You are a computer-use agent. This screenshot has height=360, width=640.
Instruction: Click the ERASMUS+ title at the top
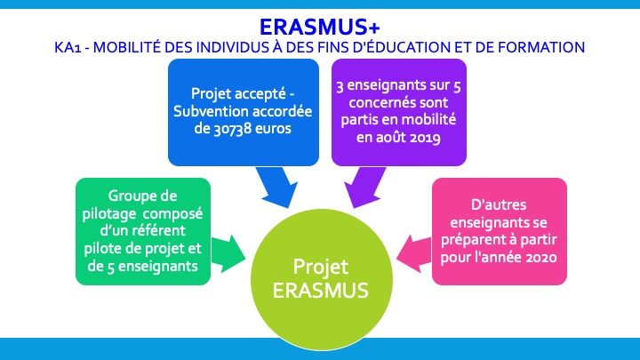[320, 27]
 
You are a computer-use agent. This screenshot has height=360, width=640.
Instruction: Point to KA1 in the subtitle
[68, 47]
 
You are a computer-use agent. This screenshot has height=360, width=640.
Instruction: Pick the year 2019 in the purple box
[425, 138]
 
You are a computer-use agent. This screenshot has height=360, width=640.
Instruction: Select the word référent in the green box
[160, 230]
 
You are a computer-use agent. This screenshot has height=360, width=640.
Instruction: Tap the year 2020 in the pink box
[541, 258]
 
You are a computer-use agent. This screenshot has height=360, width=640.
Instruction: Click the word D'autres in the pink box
[499, 204]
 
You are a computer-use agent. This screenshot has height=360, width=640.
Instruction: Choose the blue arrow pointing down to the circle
[276, 187]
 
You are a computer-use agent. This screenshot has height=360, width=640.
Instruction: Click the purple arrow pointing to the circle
[364, 187]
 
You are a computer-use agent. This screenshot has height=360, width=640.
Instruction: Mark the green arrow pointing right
[228, 254]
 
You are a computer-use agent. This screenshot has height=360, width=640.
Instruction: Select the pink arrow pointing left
[414, 254]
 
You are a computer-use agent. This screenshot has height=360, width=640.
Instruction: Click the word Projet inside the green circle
[321, 268]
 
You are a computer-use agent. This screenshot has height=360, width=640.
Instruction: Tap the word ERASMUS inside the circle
[320, 291]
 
